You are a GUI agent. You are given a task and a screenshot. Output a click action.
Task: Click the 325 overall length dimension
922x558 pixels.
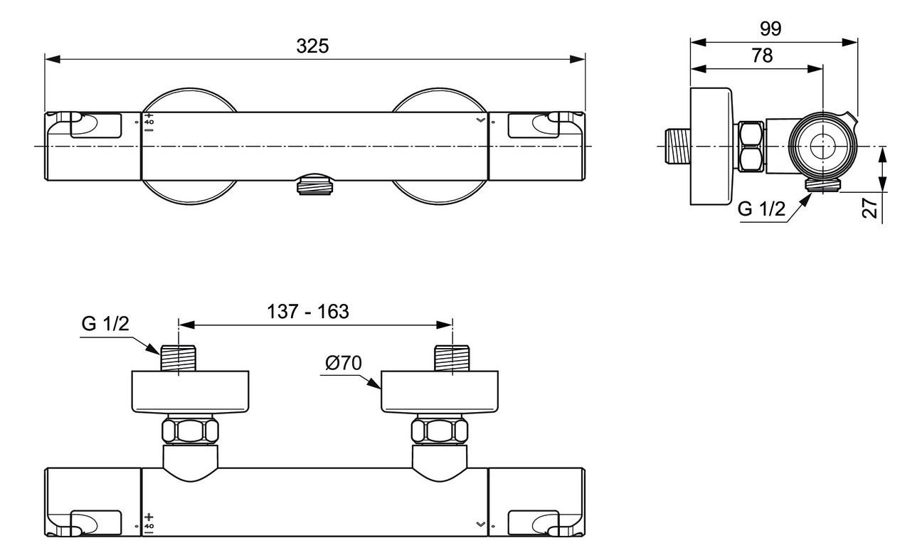pos(313,46)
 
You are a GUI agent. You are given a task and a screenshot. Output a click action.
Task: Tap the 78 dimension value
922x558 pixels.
pos(761,56)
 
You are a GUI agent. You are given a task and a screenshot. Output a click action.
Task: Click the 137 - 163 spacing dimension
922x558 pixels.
pos(307,312)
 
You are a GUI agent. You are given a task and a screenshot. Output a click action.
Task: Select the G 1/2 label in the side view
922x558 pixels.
pos(761,209)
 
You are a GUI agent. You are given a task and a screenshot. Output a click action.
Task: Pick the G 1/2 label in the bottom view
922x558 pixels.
pos(105,324)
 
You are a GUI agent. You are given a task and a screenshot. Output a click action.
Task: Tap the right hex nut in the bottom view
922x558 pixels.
pos(439,431)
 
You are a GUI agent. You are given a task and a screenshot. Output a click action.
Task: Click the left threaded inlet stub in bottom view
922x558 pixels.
pos(178,358)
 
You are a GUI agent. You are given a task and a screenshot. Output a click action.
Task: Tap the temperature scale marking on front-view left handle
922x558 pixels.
pos(149,122)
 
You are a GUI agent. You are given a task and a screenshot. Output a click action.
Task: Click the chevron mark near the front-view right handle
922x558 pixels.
pos(483,121)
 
